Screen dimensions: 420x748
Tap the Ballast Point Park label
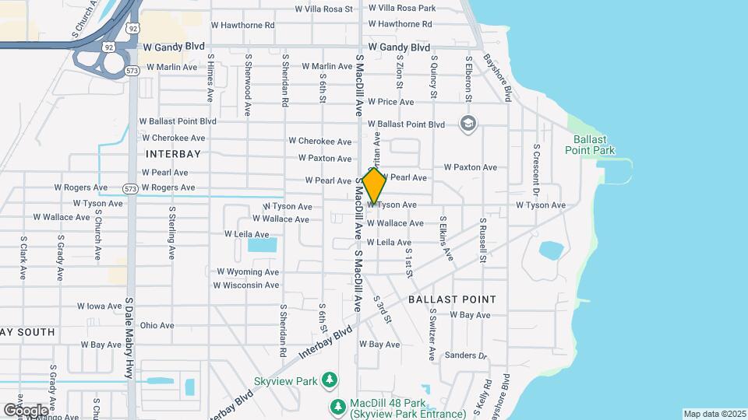click(x=595, y=145)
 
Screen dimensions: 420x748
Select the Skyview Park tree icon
click(x=331, y=379)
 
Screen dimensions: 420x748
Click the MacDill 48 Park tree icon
click(x=337, y=406)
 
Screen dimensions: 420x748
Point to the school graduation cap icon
click(x=467, y=124)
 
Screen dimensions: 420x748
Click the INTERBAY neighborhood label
click(x=172, y=154)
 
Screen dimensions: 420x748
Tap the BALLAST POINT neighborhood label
click(x=452, y=299)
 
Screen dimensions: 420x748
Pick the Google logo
click(x=26, y=409)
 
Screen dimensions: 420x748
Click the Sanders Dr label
click(x=466, y=355)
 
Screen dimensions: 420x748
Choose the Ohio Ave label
click(x=157, y=325)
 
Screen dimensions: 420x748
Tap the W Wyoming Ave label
click(x=248, y=272)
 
